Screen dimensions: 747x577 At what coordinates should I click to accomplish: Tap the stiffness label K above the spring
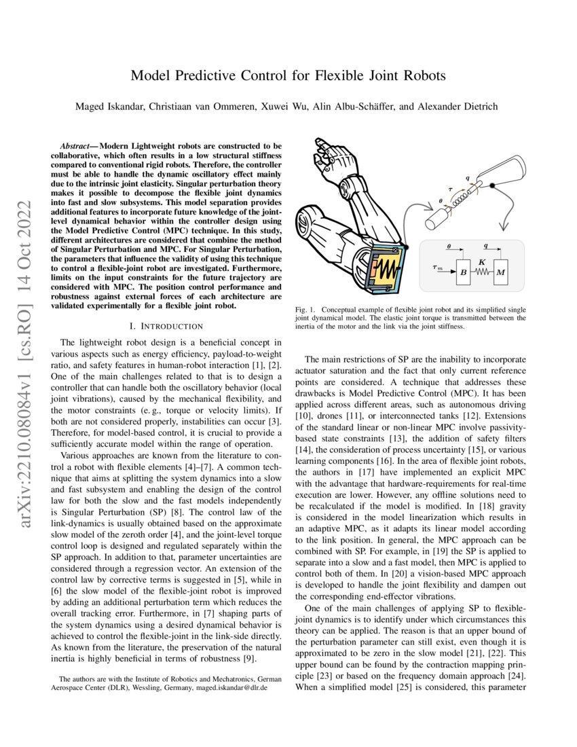481,260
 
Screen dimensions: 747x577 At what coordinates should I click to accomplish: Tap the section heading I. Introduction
166,327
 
